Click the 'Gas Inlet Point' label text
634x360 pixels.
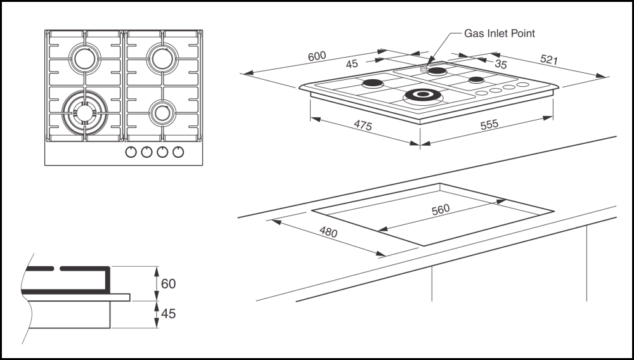pos(500,32)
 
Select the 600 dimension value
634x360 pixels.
pos(317,56)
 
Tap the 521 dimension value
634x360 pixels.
pos(548,60)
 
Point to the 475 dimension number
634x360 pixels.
pos(362,125)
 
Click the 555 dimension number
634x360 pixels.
pos(489,125)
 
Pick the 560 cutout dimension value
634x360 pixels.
pos(440,210)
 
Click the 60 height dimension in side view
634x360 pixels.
pos(168,284)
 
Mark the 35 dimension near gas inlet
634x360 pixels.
pos(501,64)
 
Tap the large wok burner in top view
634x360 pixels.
pos(84,112)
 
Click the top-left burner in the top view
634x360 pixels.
pos(84,58)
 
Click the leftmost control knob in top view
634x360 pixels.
pos(131,152)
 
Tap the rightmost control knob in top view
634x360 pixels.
pos(179,152)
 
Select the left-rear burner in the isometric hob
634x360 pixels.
pos(372,84)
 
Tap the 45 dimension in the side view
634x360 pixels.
pos(168,314)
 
